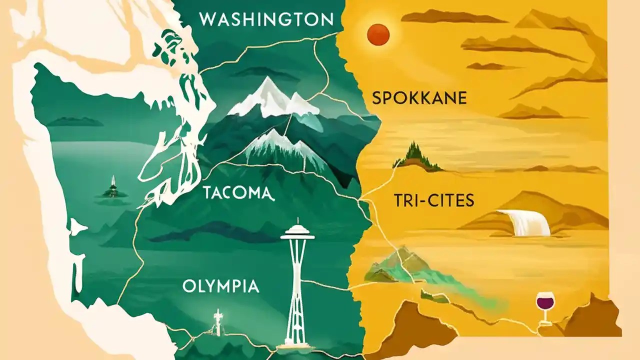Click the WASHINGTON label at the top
pyautogui.click(x=266, y=20)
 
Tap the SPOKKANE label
pyautogui.click(x=419, y=98)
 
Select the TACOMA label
pyautogui.click(x=237, y=192)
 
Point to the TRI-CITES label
pyautogui.click(x=433, y=201)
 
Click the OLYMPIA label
pyautogui.click(x=220, y=286)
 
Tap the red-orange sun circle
pyautogui.click(x=378, y=34)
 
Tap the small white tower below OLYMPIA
pyautogui.click(x=217, y=322)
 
